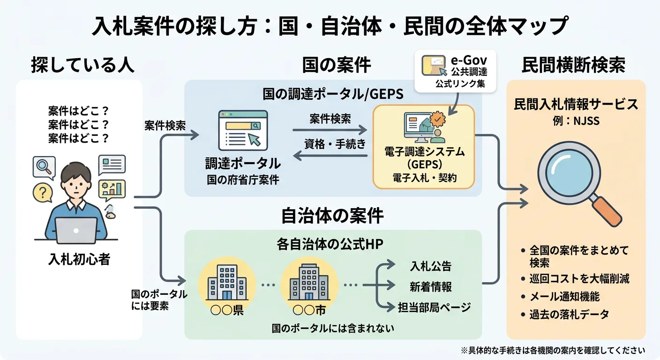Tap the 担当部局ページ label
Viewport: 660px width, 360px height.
pyautogui.click(x=434, y=307)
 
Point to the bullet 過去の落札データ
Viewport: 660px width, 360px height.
pyautogui.click(x=569, y=314)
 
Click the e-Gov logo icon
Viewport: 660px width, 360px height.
pyautogui.click(x=433, y=65)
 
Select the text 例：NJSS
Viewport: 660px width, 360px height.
pyautogui.click(x=576, y=121)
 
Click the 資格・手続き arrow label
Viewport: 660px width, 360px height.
pyautogui.click(x=335, y=144)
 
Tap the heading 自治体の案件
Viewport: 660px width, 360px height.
pyautogui.click(x=332, y=216)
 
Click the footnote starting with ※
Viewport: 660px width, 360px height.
pyautogui.click(x=553, y=350)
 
